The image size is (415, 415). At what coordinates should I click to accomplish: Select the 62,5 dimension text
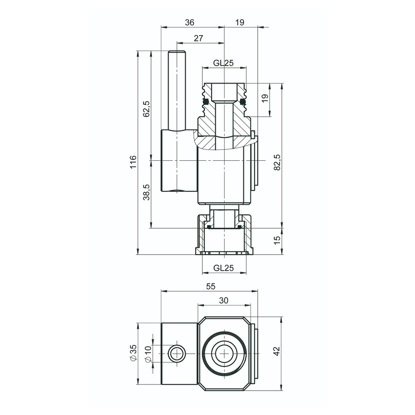pos(146,109)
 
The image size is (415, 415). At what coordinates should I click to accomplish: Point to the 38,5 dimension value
pos(146,192)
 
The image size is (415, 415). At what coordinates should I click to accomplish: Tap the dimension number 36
pos(190,22)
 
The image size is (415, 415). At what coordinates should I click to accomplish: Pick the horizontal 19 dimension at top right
pos(239,22)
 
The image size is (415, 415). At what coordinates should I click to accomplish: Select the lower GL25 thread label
pos(224,268)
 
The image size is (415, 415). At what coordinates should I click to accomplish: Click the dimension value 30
pos(224,300)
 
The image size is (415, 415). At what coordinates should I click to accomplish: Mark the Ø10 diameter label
pos(148,353)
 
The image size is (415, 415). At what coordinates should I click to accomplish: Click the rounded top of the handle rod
pos(176,52)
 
